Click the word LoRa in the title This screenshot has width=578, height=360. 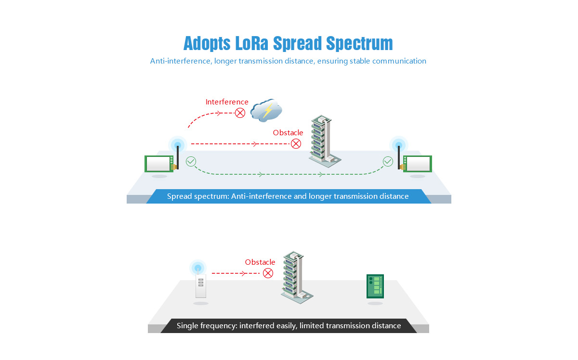click(252, 43)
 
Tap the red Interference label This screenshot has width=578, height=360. click(227, 102)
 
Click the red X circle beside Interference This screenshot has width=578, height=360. click(240, 113)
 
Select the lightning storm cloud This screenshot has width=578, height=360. click(265, 110)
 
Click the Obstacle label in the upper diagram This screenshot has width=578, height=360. click(288, 133)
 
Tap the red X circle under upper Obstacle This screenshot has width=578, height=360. click(296, 143)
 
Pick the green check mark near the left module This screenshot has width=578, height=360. click(191, 161)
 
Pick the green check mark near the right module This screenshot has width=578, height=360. click(388, 161)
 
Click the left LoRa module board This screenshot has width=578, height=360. click(159, 164)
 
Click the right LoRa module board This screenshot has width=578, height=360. click(418, 164)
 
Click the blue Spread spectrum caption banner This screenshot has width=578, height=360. click(288, 196)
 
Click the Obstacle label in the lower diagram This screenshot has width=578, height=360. click(260, 262)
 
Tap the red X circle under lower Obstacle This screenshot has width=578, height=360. click(268, 273)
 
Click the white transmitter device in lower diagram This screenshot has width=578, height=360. click(200, 286)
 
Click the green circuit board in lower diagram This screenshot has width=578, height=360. click(375, 286)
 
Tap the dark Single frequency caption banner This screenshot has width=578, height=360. click(289, 326)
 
